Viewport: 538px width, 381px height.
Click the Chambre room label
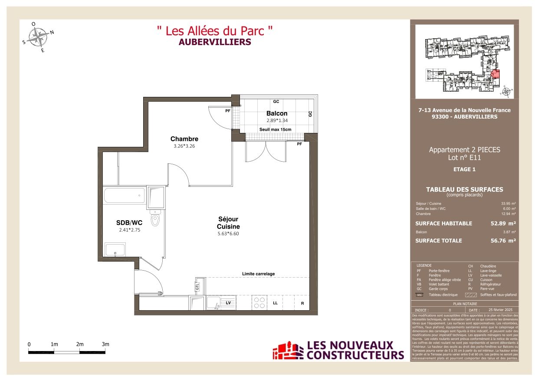coord(184,139)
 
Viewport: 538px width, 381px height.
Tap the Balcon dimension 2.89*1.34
coord(277,121)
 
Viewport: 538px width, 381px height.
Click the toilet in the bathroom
coord(156,219)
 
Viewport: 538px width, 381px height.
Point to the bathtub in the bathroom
coord(125,195)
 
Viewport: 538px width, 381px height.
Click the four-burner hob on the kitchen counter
coord(259,302)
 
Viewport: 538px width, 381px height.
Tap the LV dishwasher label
coord(228,302)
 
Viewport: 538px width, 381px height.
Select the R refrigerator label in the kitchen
coord(302,303)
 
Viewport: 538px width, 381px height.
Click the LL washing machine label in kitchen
coord(275,303)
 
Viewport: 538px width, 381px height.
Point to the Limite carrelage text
coord(258,274)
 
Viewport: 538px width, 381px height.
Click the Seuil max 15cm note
coord(275,129)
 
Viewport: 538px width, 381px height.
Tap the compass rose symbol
coord(40,36)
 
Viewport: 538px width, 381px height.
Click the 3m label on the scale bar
coord(105,344)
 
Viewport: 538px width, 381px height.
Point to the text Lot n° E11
coord(464,158)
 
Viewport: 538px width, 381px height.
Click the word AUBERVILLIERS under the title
coord(215,42)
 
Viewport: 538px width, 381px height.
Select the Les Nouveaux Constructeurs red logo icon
coord(287,351)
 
